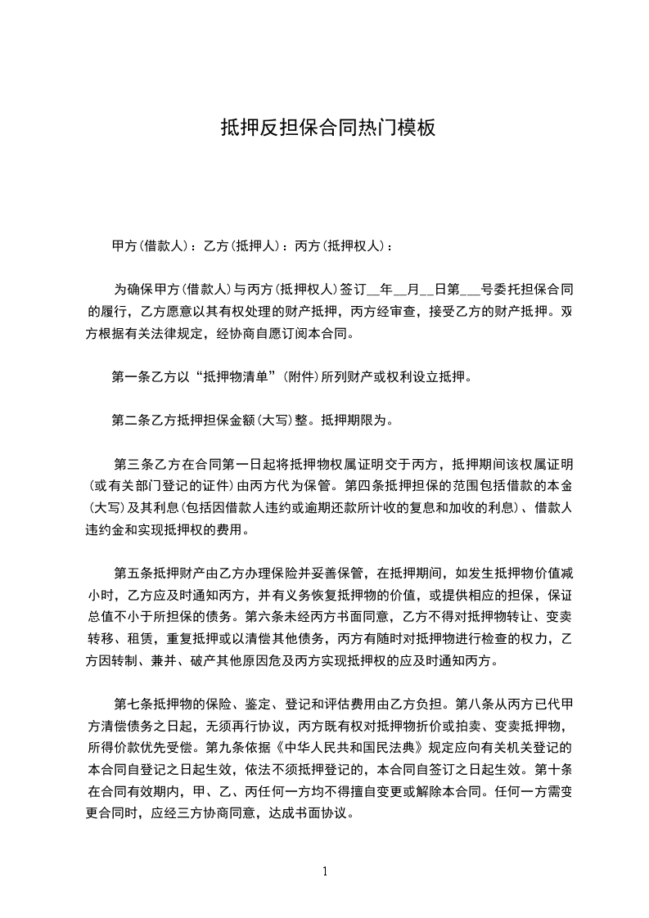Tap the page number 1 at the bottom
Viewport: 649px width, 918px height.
[x=325, y=871]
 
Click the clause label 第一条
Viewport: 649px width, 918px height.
[x=129, y=377]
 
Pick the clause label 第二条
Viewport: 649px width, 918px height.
[x=129, y=422]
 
